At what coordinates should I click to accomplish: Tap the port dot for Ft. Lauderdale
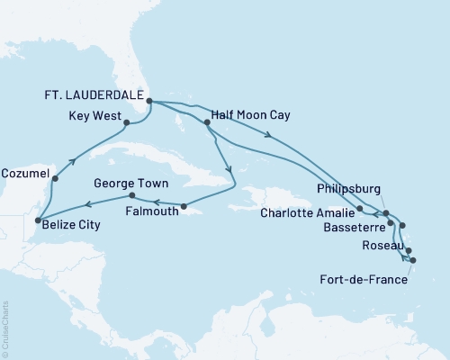(x=149, y=102)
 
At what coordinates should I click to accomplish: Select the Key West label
(x=94, y=117)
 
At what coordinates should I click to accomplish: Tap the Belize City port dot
(x=36, y=219)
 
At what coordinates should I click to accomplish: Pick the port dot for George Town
(x=131, y=195)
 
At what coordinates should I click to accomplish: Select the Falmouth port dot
(x=183, y=207)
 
